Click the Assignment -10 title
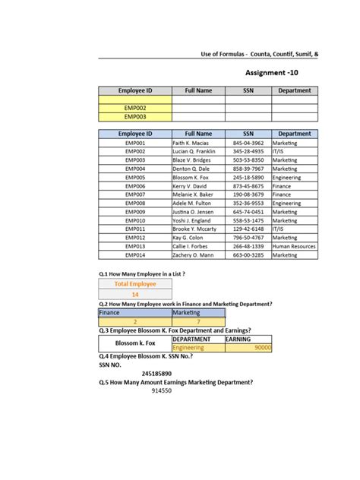point(278,73)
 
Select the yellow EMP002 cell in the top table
point(135,109)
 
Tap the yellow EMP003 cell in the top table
point(135,117)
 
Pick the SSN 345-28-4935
point(248,151)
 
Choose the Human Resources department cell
point(295,247)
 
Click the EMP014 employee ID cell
point(135,255)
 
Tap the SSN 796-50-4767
point(248,238)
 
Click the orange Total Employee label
point(135,284)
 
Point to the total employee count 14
point(135,294)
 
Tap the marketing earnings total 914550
point(161,390)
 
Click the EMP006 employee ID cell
point(135,186)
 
